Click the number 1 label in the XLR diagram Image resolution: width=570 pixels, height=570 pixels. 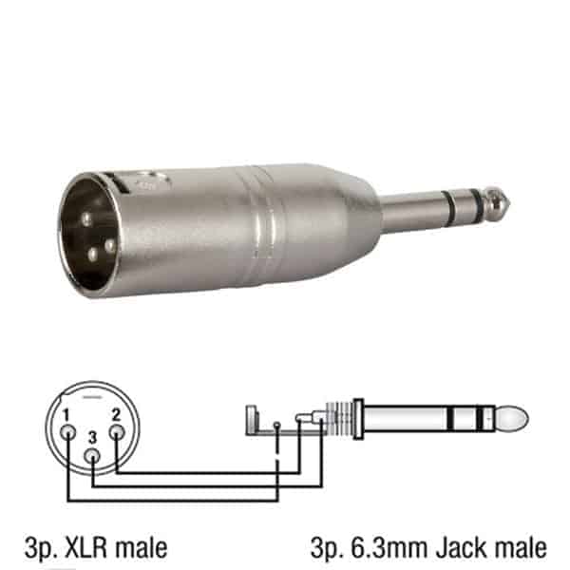pos(66,415)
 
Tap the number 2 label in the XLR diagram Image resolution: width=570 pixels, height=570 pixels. pos(116,415)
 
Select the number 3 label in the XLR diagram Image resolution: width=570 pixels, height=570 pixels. pos(93,438)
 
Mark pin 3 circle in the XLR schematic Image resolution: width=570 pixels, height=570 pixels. pos(92,456)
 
